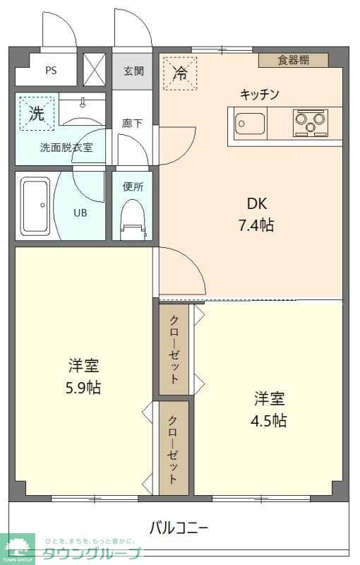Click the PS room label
pos(51,71)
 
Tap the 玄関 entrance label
pos(133,71)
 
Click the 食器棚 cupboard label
pos(293,60)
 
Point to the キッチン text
pos(260,94)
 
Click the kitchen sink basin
pos(248,124)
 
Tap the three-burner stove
pos(311,123)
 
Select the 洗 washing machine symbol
pos(37,113)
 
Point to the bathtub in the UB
pos(35,206)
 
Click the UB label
pos(81,211)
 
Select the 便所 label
pos(133,187)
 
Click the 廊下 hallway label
pos(132,123)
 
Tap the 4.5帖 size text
pos(270,420)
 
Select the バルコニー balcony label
pos(179,527)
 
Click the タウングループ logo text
pos(92,553)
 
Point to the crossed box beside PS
pos(94,69)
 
